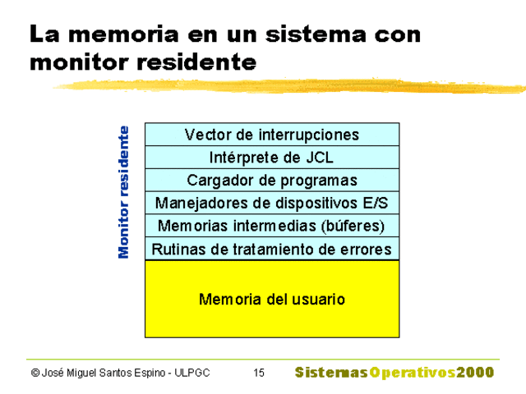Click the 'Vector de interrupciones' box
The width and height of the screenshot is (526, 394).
272,135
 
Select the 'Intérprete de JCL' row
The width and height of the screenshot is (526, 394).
272,158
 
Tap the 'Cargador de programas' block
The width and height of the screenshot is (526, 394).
272,181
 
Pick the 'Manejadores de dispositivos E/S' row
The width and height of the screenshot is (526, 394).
272,203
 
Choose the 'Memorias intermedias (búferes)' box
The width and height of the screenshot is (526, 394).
272,226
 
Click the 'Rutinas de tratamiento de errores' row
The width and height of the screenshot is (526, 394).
272,249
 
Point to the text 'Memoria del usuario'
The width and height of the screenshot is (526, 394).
272,300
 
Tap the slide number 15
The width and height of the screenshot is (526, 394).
259,373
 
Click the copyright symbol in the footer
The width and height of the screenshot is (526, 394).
35,373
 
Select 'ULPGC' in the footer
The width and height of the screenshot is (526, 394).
193,373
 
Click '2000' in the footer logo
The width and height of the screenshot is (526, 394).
476,373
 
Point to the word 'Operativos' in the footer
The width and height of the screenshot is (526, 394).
412,373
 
